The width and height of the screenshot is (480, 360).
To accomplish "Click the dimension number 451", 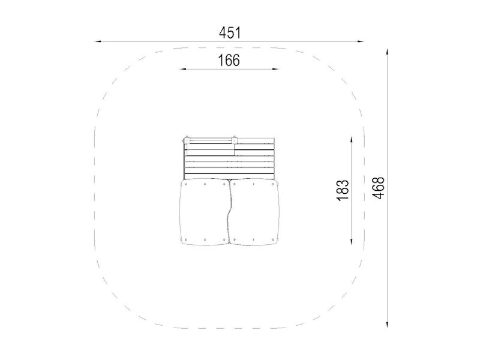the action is tap(230, 33).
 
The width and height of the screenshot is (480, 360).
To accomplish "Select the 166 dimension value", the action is tap(229, 61).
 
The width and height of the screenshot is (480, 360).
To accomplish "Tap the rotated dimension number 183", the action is tap(343, 190).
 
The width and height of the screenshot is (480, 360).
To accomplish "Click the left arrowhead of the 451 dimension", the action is tap(98, 41).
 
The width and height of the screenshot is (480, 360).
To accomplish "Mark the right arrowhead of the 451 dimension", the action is tap(361, 41).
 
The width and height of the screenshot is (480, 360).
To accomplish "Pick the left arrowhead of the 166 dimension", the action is tap(183, 69).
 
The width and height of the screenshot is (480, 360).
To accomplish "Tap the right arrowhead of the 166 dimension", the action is tap(275, 69).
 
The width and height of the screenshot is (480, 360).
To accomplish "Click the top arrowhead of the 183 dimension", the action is tap(352, 140).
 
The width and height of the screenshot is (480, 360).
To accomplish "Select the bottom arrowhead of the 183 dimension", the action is tap(352, 241).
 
